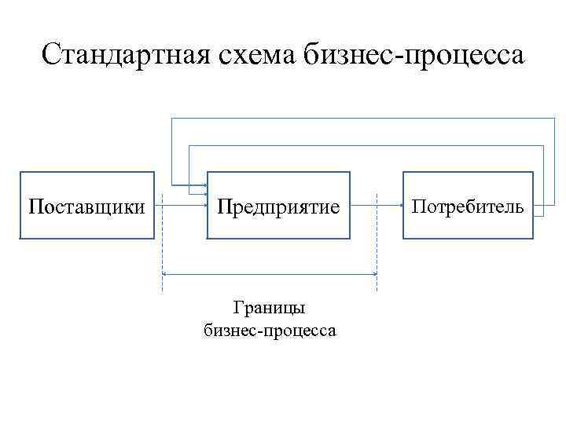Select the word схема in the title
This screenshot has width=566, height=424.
(256, 55)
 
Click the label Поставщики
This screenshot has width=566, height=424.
(86, 207)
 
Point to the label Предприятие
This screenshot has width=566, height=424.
(278, 207)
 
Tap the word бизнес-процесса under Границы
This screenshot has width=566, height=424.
(270, 330)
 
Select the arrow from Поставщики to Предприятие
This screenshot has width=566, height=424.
(180, 207)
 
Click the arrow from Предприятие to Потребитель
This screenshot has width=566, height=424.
(376, 207)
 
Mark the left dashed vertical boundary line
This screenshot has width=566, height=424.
(162, 243)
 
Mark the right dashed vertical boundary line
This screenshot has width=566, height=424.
(377, 243)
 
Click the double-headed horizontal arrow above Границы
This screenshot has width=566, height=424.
(270, 273)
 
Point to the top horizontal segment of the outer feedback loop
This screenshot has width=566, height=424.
(362, 118)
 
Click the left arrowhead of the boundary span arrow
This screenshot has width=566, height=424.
(165, 273)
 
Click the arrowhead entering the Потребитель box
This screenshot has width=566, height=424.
(399, 207)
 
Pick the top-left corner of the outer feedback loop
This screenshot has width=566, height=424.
(171, 118)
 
